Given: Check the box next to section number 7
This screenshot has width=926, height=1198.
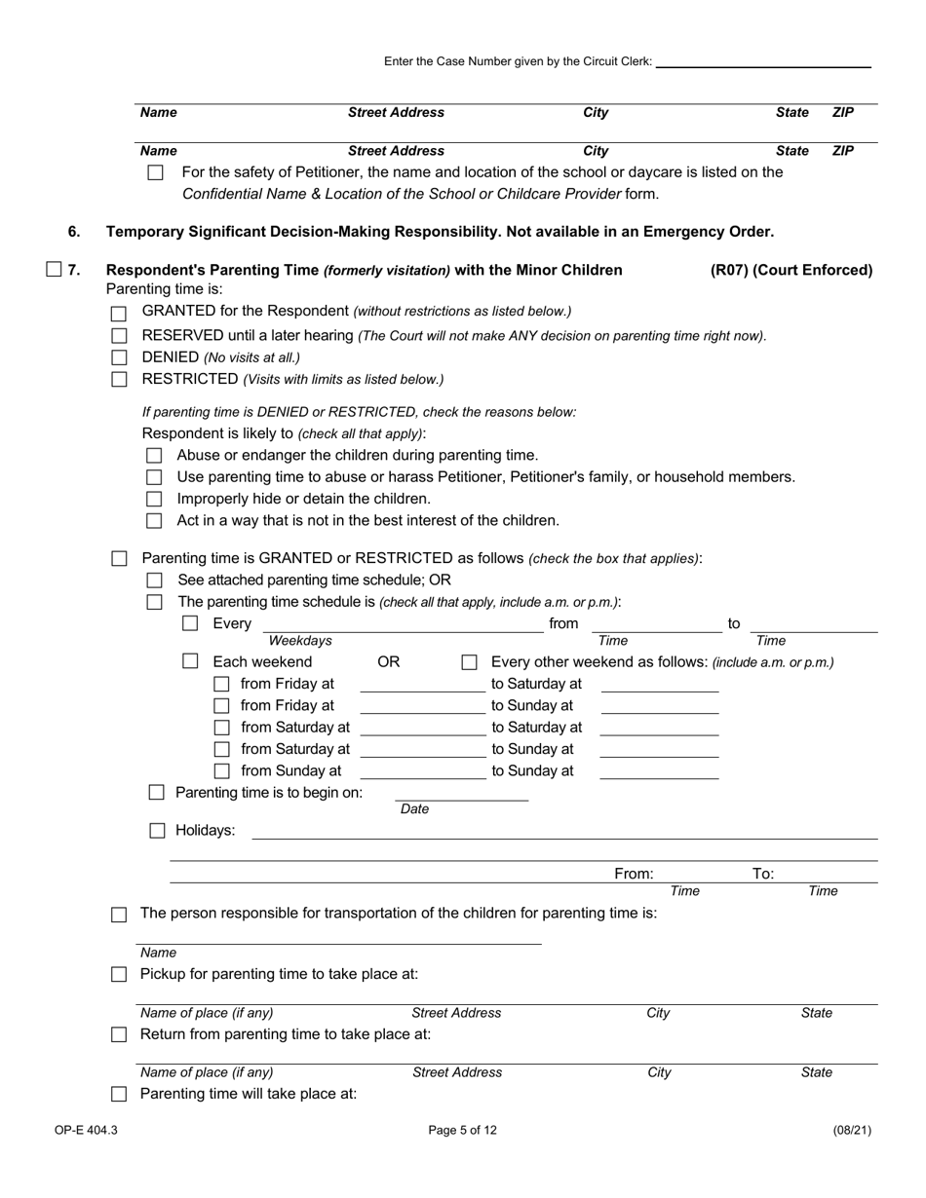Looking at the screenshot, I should click(x=54, y=270).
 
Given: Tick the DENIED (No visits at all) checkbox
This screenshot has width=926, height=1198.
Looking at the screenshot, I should click(x=119, y=357).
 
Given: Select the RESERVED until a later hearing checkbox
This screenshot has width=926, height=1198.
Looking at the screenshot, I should click(x=119, y=336).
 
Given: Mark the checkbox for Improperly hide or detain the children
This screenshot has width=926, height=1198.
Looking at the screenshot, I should click(x=154, y=500).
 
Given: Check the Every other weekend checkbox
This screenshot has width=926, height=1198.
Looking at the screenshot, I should click(x=469, y=662).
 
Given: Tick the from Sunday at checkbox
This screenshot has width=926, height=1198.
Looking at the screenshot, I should click(x=221, y=771).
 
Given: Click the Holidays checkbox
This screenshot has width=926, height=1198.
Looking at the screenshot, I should click(x=157, y=831).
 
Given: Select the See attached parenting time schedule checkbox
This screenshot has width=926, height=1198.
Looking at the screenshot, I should click(x=154, y=580).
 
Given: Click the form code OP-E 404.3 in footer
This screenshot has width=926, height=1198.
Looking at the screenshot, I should click(x=86, y=1131).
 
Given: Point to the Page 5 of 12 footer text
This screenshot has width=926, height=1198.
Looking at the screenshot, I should click(x=463, y=1131).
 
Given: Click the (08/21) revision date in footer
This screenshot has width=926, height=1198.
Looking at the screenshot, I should click(x=852, y=1131).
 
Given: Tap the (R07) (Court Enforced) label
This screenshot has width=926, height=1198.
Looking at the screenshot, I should click(x=791, y=270).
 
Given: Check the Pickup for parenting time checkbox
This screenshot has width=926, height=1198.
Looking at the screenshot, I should click(x=119, y=975).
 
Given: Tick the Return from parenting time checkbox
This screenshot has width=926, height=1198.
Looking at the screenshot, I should click(x=119, y=1034).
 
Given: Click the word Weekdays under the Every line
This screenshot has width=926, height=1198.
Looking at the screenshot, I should click(x=300, y=641).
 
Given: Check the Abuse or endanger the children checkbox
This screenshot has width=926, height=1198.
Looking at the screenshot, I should click(x=154, y=456).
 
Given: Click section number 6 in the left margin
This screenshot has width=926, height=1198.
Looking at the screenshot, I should click(x=74, y=232).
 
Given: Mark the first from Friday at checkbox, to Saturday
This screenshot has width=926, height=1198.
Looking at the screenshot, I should click(x=221, y=685).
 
